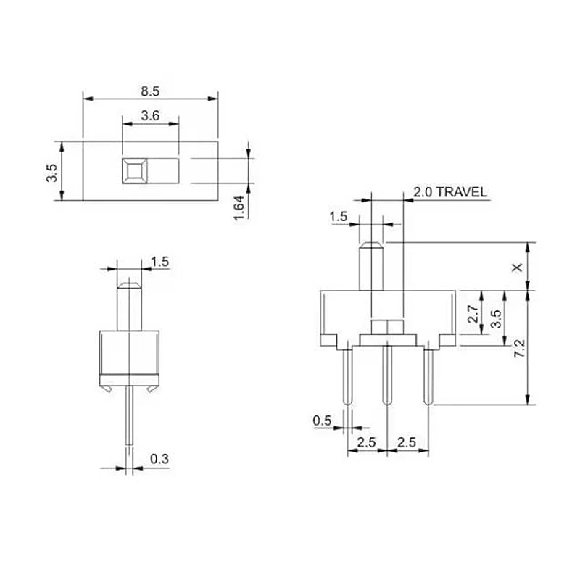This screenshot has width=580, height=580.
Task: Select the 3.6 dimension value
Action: [x=150, y=115]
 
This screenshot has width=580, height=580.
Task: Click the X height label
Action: [x=517, y=268]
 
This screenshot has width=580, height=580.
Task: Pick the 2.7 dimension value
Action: [x=472, y=314]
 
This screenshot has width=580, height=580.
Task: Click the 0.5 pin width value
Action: [x=322, y=421]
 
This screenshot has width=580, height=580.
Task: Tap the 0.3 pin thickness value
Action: [x=159, y=458]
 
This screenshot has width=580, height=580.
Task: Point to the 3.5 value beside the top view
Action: [x=51, y=172]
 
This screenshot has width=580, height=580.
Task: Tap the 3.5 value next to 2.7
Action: [x=495, y=319]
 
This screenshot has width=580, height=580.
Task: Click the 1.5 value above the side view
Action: [x=160, y=262]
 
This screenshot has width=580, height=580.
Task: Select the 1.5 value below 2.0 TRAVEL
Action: [x=339, y=217]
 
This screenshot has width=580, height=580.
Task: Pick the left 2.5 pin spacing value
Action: [x=367, y=442]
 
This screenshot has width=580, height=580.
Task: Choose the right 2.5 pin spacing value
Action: [x=407, y=442]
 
